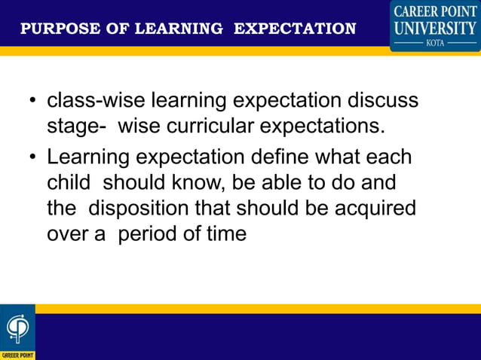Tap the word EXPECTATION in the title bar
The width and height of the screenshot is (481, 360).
click(x=295, y=29)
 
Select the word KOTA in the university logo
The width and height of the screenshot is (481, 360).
click(x=435, y=43)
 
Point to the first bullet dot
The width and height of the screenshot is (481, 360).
click(x=32, y=102)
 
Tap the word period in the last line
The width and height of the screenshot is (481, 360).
click(x=149, y=233)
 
